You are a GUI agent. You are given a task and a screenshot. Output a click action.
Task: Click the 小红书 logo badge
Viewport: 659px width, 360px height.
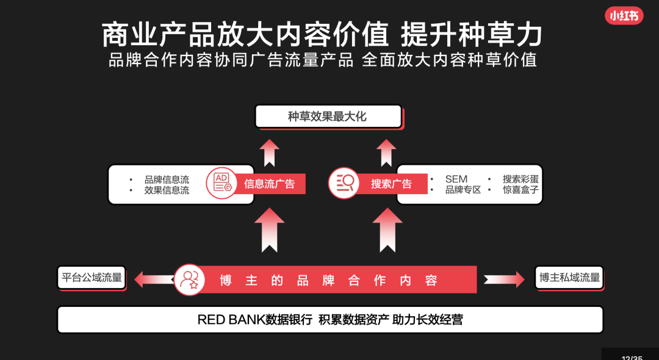coord(624,16)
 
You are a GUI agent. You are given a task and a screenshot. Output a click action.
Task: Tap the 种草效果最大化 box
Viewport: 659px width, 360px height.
coord(328,116)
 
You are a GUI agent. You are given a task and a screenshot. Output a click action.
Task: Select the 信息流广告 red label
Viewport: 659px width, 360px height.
coord(269,184)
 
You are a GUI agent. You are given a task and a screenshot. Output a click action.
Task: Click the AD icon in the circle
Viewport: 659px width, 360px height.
coord(221,182)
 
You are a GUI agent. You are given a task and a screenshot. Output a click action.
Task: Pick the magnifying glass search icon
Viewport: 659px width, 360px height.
coord(344,182)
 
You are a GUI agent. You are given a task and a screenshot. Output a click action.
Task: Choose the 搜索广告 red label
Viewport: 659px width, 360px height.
coord(391,184)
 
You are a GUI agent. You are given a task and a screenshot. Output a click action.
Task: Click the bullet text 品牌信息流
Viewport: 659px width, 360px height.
coord(167,179)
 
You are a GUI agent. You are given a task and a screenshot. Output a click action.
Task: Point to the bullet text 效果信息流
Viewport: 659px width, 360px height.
coord(167,190)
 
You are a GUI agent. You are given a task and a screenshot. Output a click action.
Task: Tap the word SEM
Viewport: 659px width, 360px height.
coord(456,179)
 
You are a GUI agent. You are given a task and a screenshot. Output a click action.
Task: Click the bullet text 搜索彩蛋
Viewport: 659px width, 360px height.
coord(520,179)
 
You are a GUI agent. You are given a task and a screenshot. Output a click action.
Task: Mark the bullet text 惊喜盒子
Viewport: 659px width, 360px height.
coord(520,190)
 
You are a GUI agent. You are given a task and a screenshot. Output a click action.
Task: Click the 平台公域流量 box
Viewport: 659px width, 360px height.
coord(92,278)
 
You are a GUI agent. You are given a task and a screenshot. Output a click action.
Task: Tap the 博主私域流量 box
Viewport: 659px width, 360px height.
coord(569,278)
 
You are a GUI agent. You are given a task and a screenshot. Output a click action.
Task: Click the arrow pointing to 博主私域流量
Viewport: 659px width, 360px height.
coord(503,279)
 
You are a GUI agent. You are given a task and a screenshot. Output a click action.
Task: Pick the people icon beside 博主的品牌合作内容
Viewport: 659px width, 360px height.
coord(190,279)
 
